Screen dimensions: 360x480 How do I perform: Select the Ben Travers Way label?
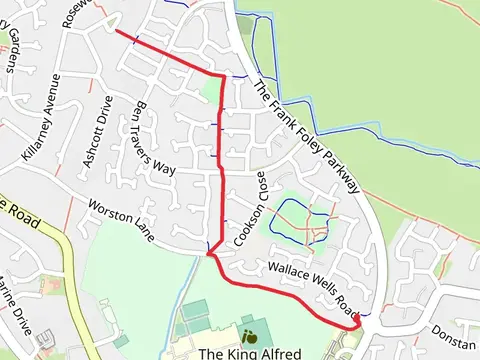pos(150,138)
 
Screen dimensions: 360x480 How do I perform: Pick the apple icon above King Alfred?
pos(248,335)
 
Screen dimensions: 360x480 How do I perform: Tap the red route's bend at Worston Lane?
pos(211,256)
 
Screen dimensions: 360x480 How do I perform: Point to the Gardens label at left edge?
pos(12,49)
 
